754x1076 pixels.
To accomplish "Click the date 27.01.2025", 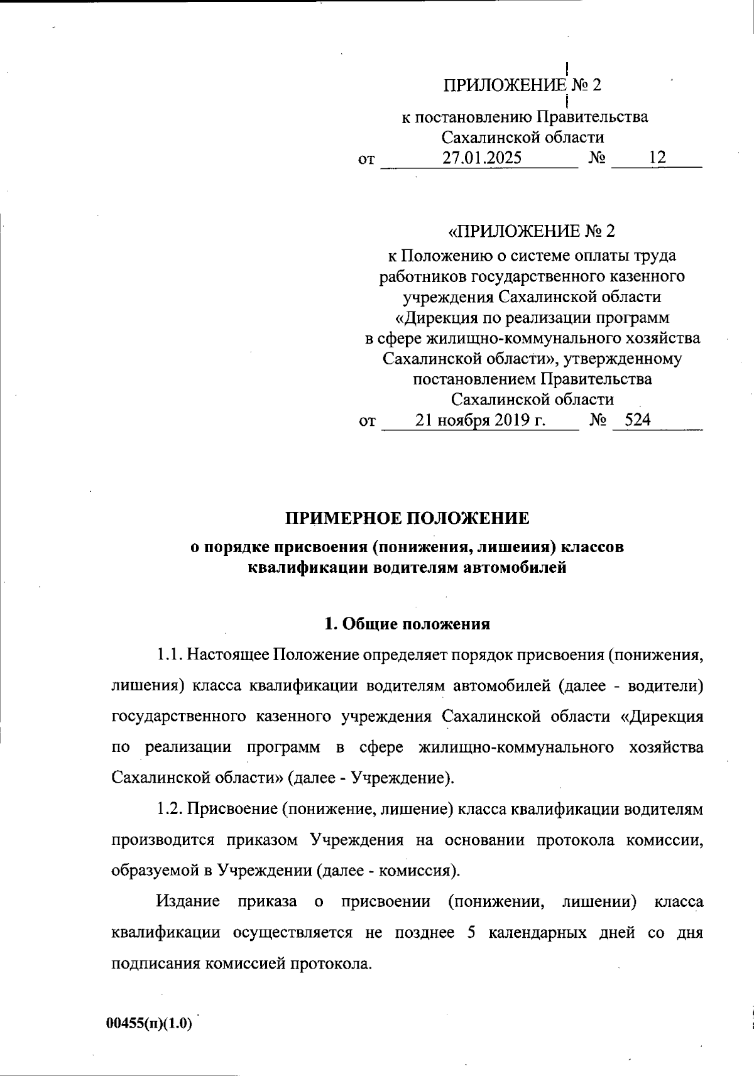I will point(481,158).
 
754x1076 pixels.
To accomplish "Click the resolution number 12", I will point(657,158).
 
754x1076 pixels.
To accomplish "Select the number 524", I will point(638,420).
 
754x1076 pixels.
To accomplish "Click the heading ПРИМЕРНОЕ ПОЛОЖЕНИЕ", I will point(408,518).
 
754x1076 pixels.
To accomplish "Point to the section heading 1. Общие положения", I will point(407,624).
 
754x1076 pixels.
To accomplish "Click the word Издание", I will point(188,901).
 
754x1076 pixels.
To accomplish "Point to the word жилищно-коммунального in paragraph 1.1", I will point(515,747).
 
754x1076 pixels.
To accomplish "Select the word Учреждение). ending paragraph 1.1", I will point(402,778).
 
